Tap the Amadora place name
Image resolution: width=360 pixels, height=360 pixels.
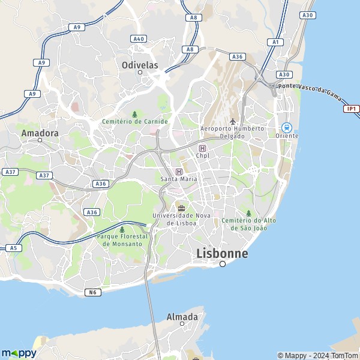tap(40, 133)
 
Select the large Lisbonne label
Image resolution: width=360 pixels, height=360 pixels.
tap(222, 253)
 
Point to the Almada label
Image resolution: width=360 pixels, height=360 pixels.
tap(182, 316)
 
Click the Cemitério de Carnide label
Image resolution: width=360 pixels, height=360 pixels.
tap(134, 121)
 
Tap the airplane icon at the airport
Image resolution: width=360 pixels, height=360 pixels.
tap(232, 122)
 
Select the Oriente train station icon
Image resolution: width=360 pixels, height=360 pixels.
tap(287, 127)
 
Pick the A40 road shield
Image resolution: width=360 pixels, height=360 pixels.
tap(139, 38)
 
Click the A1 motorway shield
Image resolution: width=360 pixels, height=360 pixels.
tap(276, 42)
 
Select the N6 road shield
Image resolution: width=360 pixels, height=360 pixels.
tap(92, 292)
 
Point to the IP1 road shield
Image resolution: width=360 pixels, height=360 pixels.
tap(351, 109)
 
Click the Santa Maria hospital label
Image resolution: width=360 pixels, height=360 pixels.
tap(178, 179)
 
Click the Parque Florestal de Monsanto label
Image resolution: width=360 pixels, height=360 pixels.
tap(122, 240)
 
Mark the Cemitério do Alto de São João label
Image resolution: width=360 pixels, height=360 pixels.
tap(248, 224)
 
